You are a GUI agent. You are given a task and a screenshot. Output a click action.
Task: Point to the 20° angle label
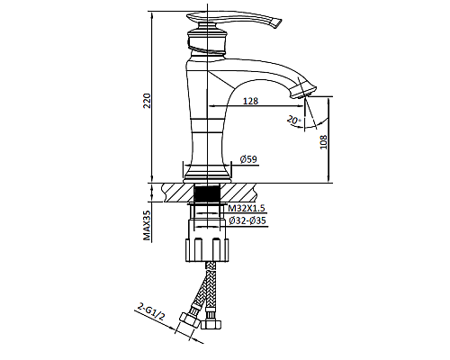point(292,119)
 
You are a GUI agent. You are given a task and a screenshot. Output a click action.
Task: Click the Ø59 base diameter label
point(249,160)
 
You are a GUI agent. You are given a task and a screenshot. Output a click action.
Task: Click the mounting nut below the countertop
point(208,247)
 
